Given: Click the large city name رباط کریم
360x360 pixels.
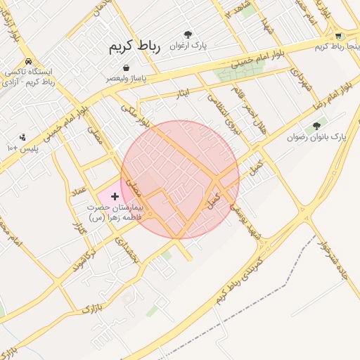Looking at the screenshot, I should [x=134, y=47].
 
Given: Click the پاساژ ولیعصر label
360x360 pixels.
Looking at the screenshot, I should [x=127, y=79].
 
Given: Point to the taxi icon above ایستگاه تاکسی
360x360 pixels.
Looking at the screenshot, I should [x=27, y=61].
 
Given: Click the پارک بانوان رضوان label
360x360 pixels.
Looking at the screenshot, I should [x=316, y=137].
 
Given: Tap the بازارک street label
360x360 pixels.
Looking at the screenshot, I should [x=89, y=304].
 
